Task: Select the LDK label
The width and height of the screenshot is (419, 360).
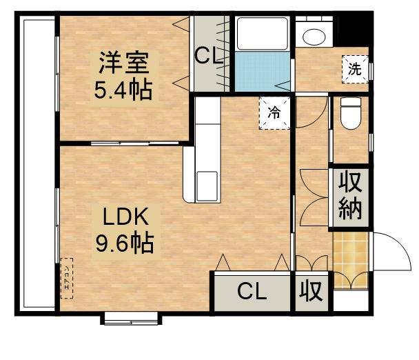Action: click(x=125, y=217)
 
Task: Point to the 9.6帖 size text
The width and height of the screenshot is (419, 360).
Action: click(x=124, y=242)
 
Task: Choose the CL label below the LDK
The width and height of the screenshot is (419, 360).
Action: click(x=252, y=292)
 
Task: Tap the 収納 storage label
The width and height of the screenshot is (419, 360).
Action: click(x=350, y=197)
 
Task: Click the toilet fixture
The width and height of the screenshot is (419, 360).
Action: click(x=351, y=113)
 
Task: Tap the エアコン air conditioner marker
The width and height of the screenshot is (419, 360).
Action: click(x=67, y=278)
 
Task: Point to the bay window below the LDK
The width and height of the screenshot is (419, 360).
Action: click(x=132, y=318)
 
